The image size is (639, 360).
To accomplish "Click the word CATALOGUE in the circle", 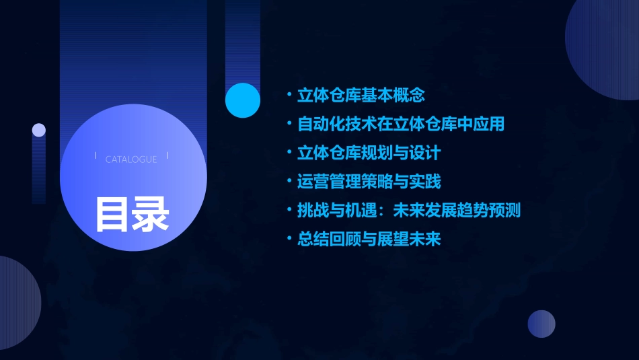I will click(131, 159).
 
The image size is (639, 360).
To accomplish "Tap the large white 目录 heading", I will click(132, 215).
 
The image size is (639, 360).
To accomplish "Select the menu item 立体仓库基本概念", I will click(361, 96).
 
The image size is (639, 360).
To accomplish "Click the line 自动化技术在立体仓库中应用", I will click(401, 124).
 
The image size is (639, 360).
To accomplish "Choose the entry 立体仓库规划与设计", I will click(369, 153).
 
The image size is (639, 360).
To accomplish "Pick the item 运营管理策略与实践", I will click(369, 182).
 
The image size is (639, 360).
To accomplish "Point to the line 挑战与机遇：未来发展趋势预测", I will click(409, 211).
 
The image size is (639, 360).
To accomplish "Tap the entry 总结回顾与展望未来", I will click(369, 239).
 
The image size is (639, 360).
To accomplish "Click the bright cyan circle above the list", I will click(243, 100).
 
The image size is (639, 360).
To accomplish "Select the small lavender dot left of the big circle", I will click(39, 130).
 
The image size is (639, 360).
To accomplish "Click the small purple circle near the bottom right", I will click(541, 324).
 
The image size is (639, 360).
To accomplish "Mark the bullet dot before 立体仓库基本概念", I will click(289, 96).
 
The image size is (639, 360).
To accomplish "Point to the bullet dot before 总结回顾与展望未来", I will click(289, 239).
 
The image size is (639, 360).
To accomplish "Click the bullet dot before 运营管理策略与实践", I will click(289, 182).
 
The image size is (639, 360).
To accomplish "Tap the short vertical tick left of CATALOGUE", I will click(95, 155).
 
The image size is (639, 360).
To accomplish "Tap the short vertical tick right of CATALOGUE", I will click(167, 155).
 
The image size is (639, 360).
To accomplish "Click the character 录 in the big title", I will click(151, 215).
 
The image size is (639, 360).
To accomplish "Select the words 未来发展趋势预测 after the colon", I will click(457, 211).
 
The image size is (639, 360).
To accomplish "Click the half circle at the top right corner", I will click(605, 47).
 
